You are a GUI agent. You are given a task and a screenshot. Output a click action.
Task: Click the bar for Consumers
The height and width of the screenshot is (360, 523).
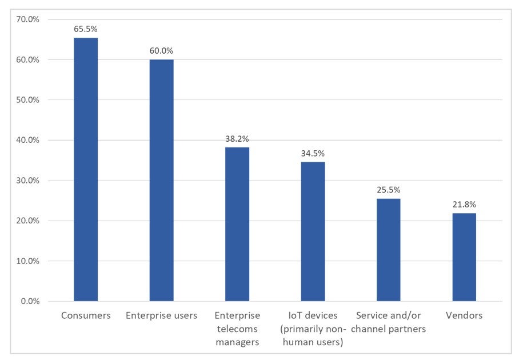pyautogui.click(x=86, y=169)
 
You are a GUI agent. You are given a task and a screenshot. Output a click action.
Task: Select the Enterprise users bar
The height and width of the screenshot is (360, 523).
pyautogui.click(x=161, y=180)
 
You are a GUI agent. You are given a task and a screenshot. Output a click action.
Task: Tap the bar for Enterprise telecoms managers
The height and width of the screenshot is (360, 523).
pyautogui.click(x=237, y=224)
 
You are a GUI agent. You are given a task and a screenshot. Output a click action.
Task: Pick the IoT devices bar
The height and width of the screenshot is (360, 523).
pyautogui.click(x=313, y=231)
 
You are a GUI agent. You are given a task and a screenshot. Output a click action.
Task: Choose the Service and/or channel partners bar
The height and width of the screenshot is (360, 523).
pyautogui.click(x=388, y=250)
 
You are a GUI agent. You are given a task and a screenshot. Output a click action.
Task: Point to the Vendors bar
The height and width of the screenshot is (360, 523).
pyautogui.click(x=464, y=257)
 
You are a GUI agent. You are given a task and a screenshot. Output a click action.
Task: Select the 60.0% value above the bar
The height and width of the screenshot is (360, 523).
pyautogui.click(x=161, y=50)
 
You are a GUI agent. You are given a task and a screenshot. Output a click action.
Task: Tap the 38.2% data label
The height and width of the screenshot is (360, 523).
pyautogui.click(x=237, y=138)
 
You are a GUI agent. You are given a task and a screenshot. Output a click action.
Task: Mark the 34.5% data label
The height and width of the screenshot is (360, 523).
pyautogui.click(x=313, y=153)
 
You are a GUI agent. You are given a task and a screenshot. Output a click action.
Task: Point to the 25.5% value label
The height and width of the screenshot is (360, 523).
pyautogui.click(x=388, y=190)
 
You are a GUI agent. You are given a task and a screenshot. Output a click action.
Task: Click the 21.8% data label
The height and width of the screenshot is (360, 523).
pyautogui.click(x=464, y=204)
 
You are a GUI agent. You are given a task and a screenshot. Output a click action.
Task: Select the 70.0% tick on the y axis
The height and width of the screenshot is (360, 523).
pyautogui.click(x=27, y=19)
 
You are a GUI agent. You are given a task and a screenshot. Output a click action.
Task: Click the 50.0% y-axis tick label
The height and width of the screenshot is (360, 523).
pyautogui.click(x=27, y=100)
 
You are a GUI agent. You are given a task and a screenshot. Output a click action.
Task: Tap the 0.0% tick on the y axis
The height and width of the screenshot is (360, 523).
pyautogui.click(x=30, y=301)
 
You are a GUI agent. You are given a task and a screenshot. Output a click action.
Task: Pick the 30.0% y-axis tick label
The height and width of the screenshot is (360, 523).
pyautogui.click(x=27, y=181)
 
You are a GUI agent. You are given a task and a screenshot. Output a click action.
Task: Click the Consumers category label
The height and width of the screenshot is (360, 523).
pyautogui.click(x=86, y=315)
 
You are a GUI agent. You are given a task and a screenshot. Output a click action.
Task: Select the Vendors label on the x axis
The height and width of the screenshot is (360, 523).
pyautogui.click(x=464, y=315)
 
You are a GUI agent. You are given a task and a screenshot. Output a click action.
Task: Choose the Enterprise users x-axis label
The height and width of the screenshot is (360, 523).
pyautogui.click(x=161, y=315)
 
